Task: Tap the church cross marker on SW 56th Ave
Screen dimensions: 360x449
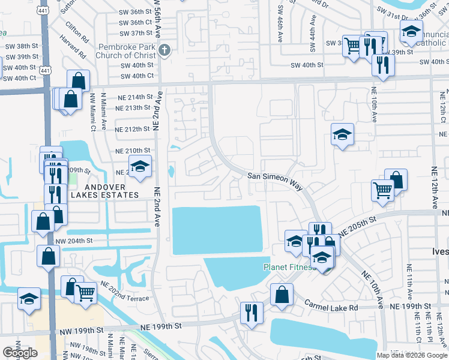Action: tap(165, 51)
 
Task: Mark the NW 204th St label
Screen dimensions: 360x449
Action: tap(75, 241)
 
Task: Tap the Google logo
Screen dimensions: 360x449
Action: tap(20, 353)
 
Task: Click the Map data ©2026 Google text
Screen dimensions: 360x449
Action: tap(412, 355)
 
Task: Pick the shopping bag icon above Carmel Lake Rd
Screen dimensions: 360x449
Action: tap(281, 295)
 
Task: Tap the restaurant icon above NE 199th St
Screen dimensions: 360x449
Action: tap(251, 312)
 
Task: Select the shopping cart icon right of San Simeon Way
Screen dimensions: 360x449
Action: tap(382, 190)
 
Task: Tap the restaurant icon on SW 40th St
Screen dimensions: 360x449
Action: tap(382, 64)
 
